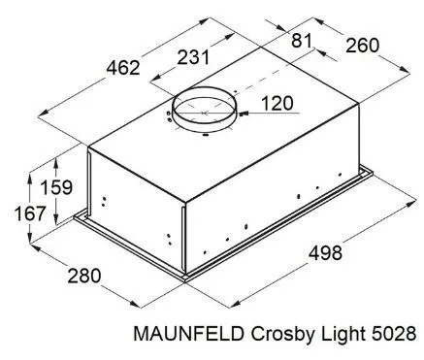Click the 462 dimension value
click(x=123, y=68)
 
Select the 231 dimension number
click(x=193, y=57)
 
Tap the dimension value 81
click(x=302, y=41)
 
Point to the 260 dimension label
click(x=362, y=46)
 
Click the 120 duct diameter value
click(x=277, y=104)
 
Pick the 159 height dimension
click(x=56, y=187)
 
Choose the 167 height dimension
click(x=30, y=213)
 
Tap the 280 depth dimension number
click(x=84, y=276)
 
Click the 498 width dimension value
click(x=325, y=253)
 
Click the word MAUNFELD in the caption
click(x=189, y=334)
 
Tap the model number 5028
click(x=394, y=334)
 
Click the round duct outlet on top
click(x=205, y=122)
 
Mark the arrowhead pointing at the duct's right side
click(x=244, y=114)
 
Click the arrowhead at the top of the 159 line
click(x=56, y=162)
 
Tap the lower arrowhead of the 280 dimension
click(x=136, y=304)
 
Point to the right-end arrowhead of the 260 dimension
click(x=405, y=69)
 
